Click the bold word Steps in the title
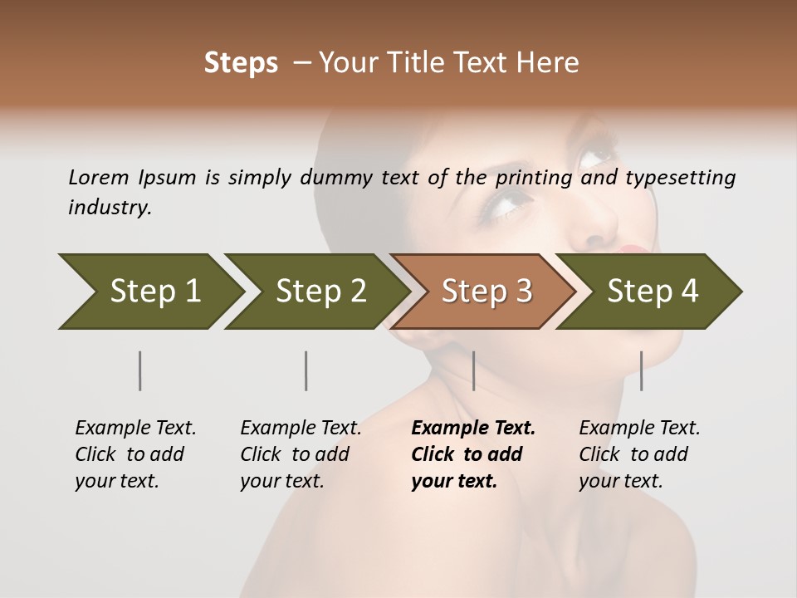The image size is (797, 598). pyautogui.click(x=241, y=63)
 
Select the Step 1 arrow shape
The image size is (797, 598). pyautogui.click(x=149, y=292)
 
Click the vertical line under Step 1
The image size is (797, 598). pyautogui.click(x=140, y=370)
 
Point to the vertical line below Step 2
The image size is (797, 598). pyautogui.click(x=306, y=370)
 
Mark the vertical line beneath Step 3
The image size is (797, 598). pyautogui.click(x=473, y=370)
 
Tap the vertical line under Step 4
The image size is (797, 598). pyautogui.click(x=641, y=370)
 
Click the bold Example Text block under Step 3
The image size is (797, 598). pyautogui.click(x=472, y=454)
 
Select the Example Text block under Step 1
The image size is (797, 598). pyautogui.click(x=135, y=454)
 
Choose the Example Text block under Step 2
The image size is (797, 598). pyautogui.click(x=301, y=454)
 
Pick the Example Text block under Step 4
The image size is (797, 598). pyautogui.click(x=639, y=454)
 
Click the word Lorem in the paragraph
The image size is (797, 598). pyautogui.click(x=98, y=177)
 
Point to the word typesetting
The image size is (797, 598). pyautogui.click(x=680, y=178)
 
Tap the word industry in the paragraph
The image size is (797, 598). pyautogui.click(x=110, y=208)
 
